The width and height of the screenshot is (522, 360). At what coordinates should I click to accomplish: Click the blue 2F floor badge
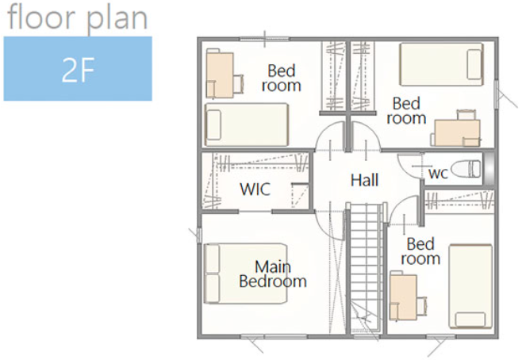click(x=78, y=68)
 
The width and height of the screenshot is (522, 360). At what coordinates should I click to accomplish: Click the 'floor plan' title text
click(x=77, y=18)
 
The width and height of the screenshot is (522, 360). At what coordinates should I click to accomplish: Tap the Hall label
click(x=365, y=180)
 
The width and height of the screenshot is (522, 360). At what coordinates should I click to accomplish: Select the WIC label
click(x=255, y=190)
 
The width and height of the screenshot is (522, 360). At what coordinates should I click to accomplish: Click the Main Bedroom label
click(x=273, y=274)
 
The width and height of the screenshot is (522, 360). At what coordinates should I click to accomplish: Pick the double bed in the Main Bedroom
click(x=246, y=274)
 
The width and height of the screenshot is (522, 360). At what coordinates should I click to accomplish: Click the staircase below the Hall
click(x=366, y=270)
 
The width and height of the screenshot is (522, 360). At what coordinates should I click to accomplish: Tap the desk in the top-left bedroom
click(x=220, y=74)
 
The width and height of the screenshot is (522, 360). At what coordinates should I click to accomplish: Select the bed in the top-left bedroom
click(x=247, y=124)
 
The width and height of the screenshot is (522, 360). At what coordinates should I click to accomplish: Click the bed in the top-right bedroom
click(x=441, y=64)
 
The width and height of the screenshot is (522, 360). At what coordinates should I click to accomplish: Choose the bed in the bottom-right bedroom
click(x=470, y=286)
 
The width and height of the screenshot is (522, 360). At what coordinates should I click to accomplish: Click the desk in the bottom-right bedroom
click(x=403, y=297)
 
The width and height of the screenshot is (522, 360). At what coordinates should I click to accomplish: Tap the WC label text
click(x=438, y=173)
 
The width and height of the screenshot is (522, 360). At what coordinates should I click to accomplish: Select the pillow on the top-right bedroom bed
click(x=474, y=64)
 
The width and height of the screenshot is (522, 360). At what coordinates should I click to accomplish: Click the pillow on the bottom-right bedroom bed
click(x=470, y=319)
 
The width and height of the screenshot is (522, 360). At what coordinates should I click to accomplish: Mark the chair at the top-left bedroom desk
click(x=239, y=83)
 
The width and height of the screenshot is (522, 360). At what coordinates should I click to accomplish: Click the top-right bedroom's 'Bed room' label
click(x=406, y=111)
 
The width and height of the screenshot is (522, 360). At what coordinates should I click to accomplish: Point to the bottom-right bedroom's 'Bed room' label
click(x=420, y=251)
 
